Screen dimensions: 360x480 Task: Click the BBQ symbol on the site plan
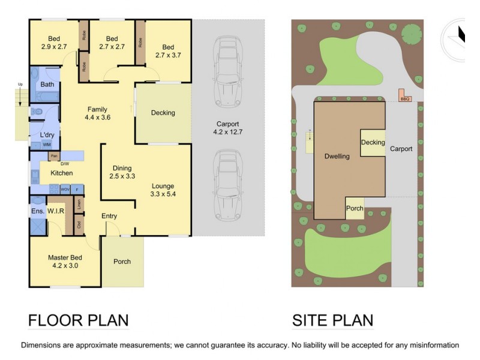pyautogui.click(x=404, y=95)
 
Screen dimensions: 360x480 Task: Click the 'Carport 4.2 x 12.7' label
pyautogui.click(x=228, y=127)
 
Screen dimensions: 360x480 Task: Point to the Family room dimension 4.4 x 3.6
pyautogui.click(x=97, y=118)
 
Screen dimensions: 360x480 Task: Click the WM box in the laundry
pyautogui.click(x=47, y=145)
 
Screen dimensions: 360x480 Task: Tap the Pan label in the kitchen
pyautogui.click(x=53, y=157)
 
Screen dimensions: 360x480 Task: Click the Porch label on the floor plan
pyautogui.click(x=122, y=261)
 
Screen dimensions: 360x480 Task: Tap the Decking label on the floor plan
pyautogui.click(x=163, y=112)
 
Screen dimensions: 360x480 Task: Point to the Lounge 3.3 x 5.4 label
pyautogui.click(x=163, y=190)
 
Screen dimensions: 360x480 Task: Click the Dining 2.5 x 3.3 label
pyautogui.click(x=122, y=172)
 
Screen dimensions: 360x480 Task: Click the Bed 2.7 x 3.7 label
pyautogui.click(x=168, y=51)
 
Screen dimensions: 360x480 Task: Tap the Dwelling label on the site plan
pyautogui.click(x=337, y=156)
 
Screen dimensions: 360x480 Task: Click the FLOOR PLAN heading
pyautogui.click(x=78, y=320)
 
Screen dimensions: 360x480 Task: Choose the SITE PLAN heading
pyautogui.click(x=332, y=320)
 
